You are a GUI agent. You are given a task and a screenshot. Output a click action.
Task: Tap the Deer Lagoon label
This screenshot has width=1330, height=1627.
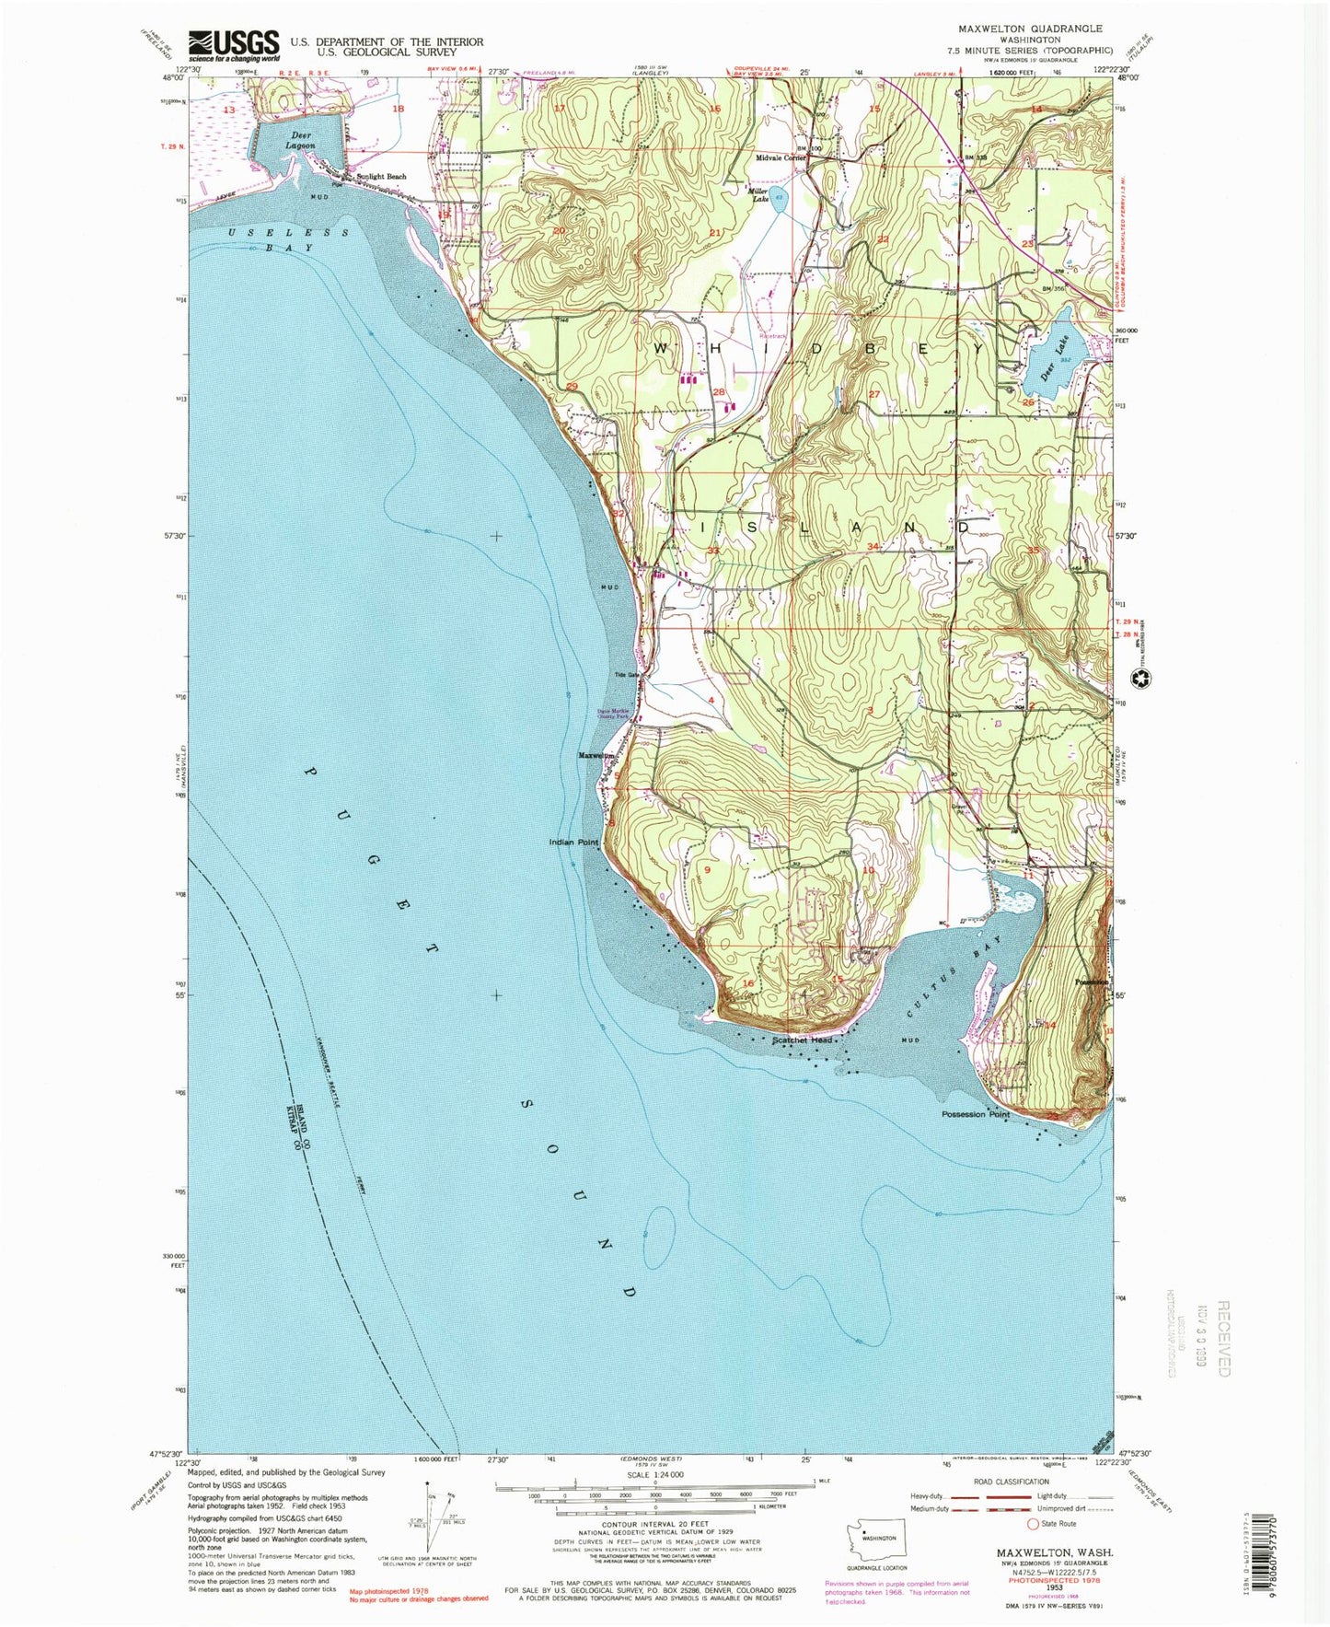click(300, 140)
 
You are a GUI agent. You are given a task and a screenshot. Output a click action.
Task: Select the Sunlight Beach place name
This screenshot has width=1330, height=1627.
click(381, 177)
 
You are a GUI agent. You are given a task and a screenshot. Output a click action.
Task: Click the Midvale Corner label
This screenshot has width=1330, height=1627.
click(781, 157)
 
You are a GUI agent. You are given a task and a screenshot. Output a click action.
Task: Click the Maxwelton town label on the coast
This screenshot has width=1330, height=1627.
click(596, 756)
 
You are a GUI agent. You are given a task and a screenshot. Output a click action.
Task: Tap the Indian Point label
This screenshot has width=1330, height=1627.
click(573, 843)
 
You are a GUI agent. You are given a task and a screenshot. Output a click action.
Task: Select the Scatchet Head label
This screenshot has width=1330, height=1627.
click(802, 1040)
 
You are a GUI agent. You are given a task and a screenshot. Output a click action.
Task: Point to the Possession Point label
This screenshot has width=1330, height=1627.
click(975, 1114)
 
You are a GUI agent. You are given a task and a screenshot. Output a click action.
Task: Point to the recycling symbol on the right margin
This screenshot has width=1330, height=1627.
click(1139, 679)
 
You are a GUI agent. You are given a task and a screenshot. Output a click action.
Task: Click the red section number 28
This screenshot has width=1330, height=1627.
click(719, 393)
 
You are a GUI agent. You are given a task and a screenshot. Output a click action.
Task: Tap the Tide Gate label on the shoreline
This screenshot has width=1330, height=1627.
click(627, 674)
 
